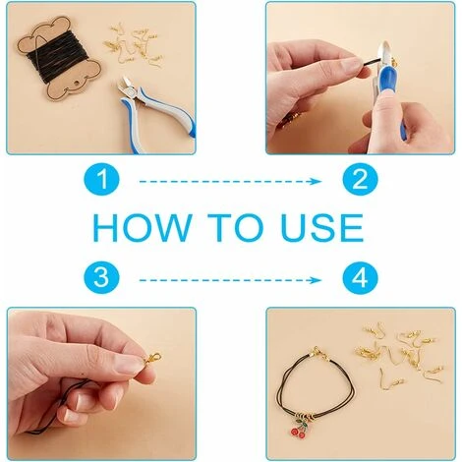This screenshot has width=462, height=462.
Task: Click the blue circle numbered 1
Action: point(102,181)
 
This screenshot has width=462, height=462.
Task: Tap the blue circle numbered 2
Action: point(361,181)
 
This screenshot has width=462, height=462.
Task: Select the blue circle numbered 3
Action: point(102,279)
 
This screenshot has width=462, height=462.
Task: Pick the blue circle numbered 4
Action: point(361,279)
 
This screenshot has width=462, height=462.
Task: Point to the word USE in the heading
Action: point(322,228)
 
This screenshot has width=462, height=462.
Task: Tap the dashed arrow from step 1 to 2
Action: point(230,181)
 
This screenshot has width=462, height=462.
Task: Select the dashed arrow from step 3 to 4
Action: point(230,280)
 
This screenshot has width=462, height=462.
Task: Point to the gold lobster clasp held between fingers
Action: point(151,358)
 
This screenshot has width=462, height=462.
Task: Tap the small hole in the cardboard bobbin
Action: point(78,85)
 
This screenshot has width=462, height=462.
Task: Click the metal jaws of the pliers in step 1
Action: point(125,87)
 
